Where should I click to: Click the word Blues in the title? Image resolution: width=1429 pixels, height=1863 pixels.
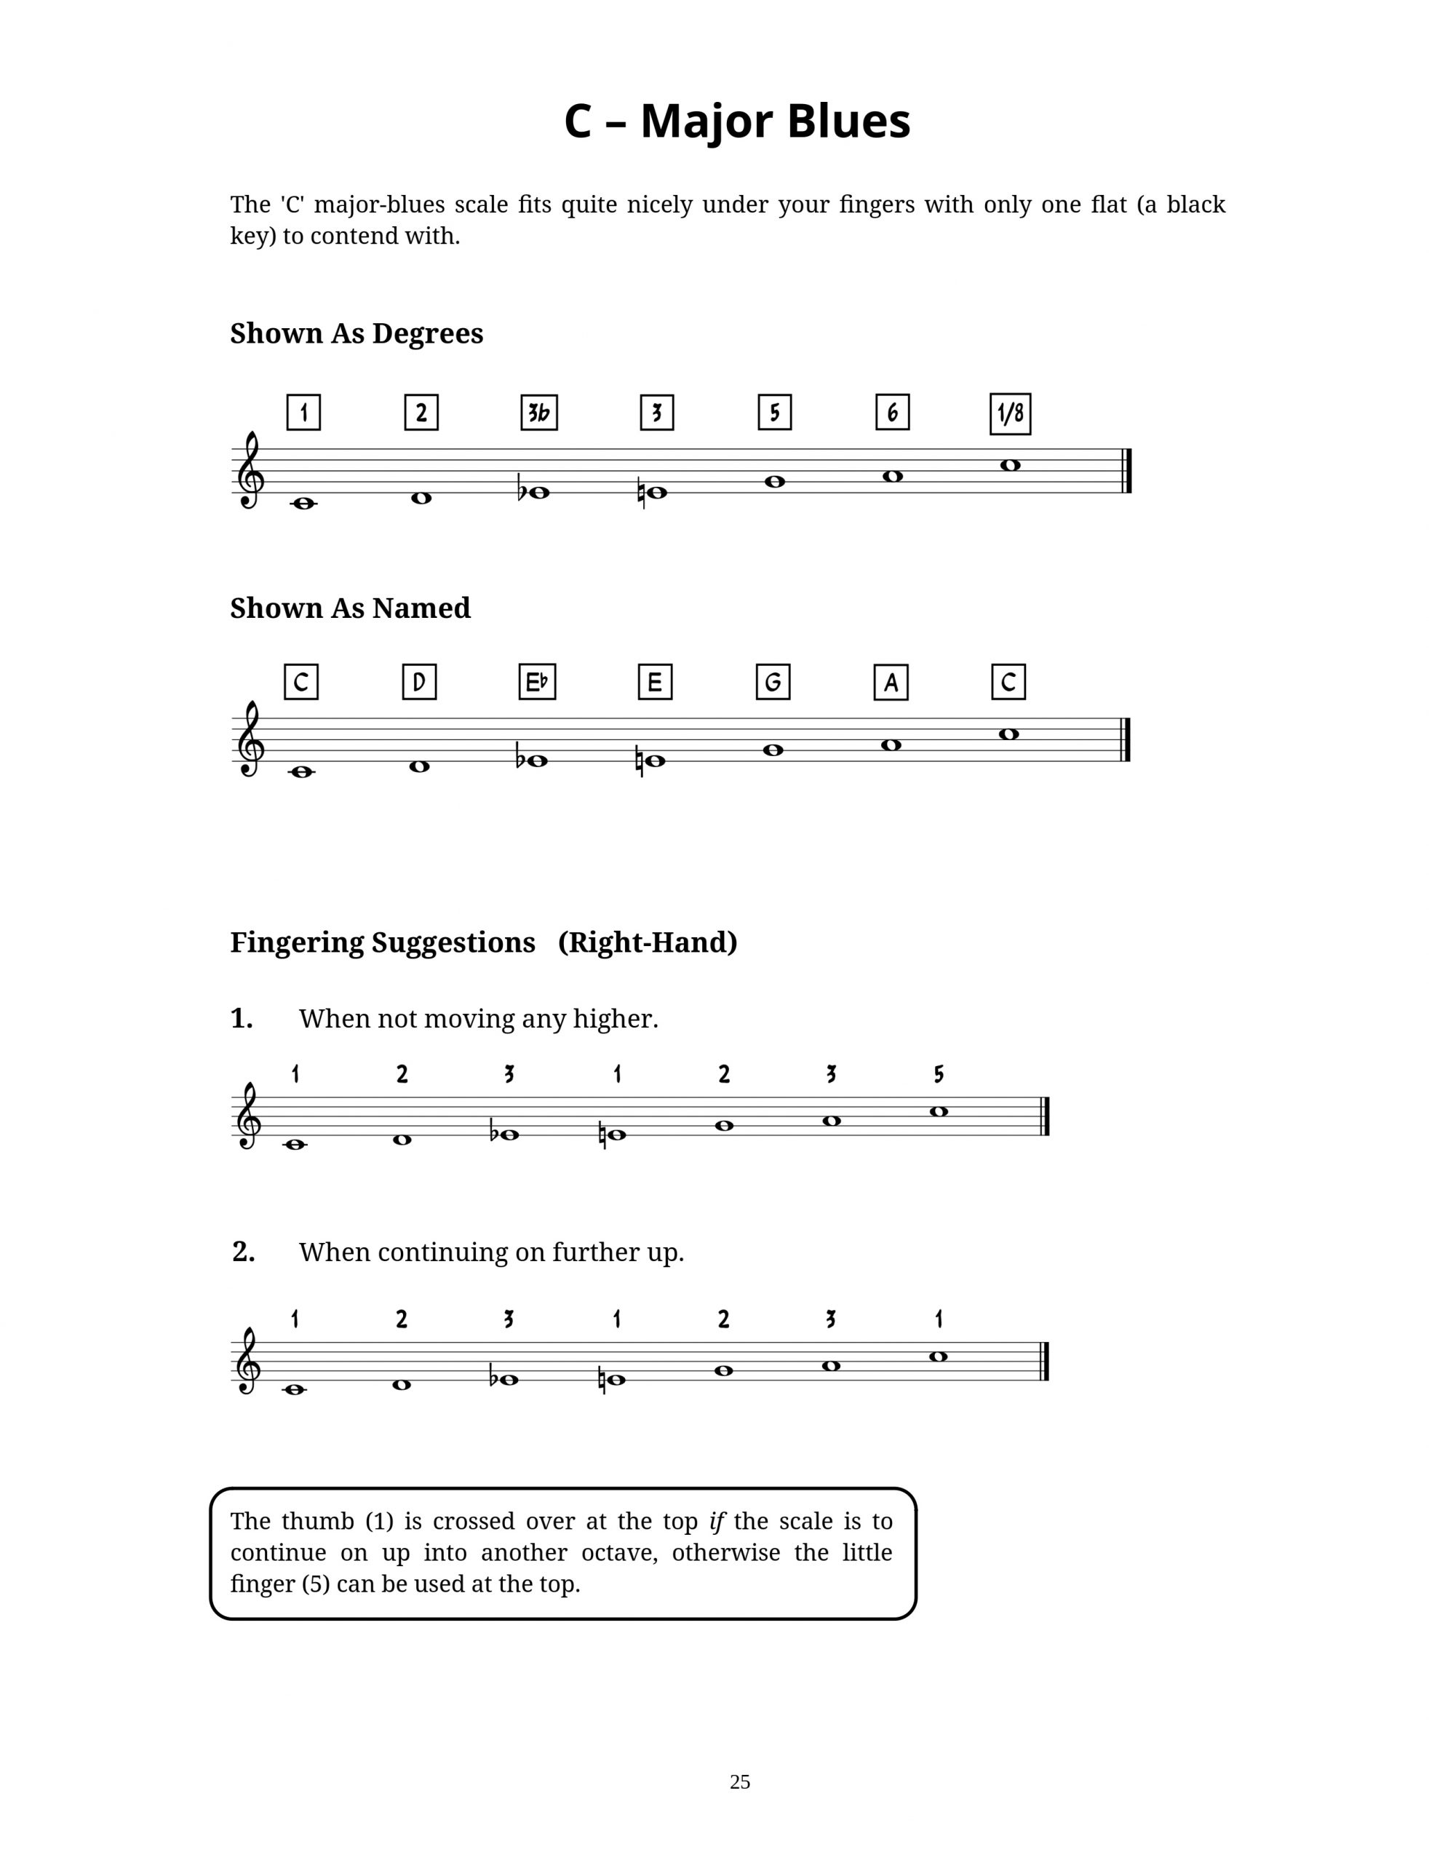848,121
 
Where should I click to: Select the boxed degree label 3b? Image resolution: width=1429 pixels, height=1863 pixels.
538,413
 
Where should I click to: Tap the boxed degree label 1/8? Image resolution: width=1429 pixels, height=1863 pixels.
1010,414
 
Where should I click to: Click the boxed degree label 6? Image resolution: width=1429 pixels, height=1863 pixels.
892,413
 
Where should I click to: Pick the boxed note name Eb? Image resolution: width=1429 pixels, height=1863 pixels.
537,682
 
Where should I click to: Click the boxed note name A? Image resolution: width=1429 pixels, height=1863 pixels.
891,682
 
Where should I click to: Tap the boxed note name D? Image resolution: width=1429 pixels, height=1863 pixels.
419,682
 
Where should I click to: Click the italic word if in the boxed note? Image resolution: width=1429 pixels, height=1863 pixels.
716,1521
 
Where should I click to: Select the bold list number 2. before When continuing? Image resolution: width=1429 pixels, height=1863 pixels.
242,1252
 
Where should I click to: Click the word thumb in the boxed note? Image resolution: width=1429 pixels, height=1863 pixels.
317,1521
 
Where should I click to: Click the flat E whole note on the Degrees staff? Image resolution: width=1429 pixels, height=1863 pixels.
538,493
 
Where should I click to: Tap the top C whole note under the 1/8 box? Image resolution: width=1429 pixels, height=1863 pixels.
1010,465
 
